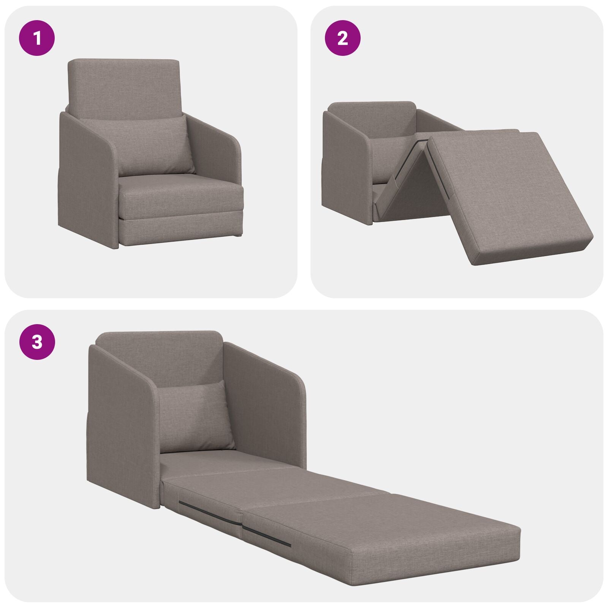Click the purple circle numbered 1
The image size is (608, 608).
pos(37,38)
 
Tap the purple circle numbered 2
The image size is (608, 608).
pos(343,38)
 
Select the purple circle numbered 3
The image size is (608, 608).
pos(37,342)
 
